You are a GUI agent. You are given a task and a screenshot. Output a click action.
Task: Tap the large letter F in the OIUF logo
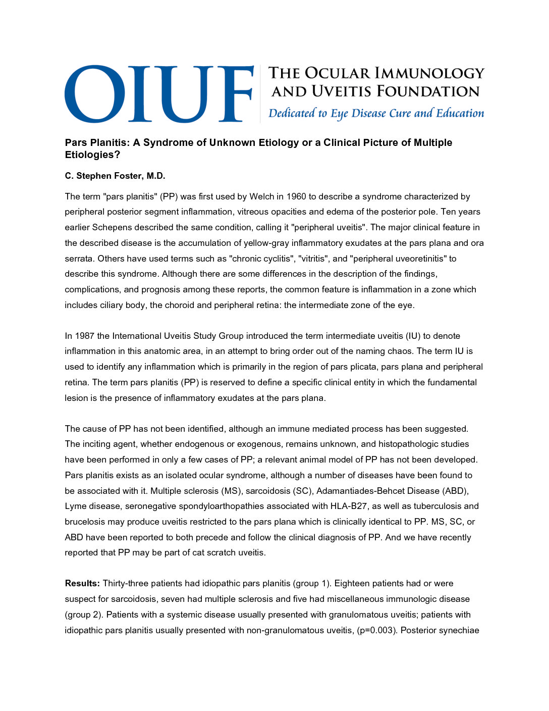[233, 94]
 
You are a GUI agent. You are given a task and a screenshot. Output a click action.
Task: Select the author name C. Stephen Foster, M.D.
[115, 176]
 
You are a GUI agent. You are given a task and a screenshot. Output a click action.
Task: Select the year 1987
[84, 336]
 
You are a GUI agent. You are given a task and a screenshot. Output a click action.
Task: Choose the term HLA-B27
[348, 506]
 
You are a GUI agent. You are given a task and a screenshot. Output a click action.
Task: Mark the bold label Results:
[82, 583]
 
